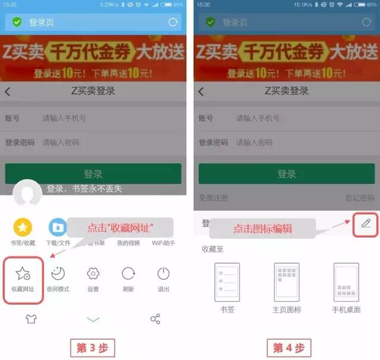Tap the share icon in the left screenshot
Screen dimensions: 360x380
point(155,319)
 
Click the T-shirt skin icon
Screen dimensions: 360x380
point(31,319)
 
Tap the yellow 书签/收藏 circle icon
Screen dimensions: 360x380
point(23,227)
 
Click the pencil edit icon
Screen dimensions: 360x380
point(366,223)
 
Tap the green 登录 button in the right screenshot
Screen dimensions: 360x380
point(287,174)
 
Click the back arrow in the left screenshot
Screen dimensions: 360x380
point(8,91)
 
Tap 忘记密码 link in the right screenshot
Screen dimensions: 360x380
point(360,198)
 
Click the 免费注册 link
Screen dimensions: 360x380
point(213,198)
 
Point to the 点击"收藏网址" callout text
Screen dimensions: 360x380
point(121,228)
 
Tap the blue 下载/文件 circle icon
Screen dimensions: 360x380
point(58,227)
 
